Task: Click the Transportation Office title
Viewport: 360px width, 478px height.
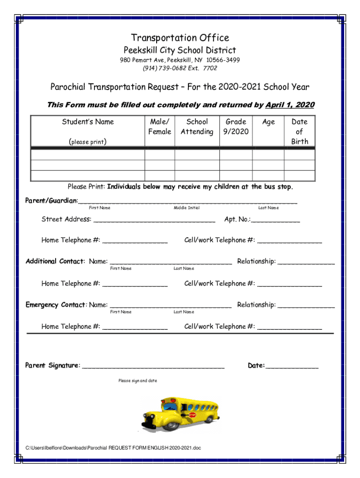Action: click(180, 38)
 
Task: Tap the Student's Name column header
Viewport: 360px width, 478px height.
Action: click(88, 122)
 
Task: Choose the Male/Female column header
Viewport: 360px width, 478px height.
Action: click(159, 127)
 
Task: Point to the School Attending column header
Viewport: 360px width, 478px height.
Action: click(197, 127)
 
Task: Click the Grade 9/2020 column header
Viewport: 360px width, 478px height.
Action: click(236, 127)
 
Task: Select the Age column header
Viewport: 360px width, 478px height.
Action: click(268, 122)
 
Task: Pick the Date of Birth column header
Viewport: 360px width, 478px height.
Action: click(299, 131)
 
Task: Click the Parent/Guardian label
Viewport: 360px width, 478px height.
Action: click(51, 201)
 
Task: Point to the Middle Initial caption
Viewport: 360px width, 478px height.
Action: click(187, 208)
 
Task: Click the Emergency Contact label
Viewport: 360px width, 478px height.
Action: click(56, 305)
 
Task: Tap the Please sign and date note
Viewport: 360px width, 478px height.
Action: click(138, 381)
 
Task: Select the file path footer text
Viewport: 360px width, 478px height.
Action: click(113, 448)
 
